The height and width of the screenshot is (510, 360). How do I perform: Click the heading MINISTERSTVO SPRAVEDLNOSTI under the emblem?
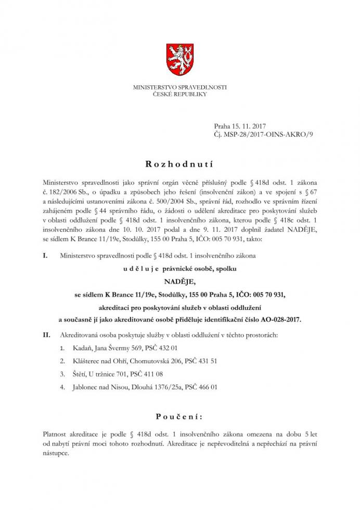(180, 87)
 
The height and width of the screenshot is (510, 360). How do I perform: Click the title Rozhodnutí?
(180, 163)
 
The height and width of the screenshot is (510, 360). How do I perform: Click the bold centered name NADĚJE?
(180, 282)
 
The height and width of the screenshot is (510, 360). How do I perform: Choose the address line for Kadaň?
(119, 347)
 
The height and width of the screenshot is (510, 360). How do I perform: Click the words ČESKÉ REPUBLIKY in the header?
(180, 94)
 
